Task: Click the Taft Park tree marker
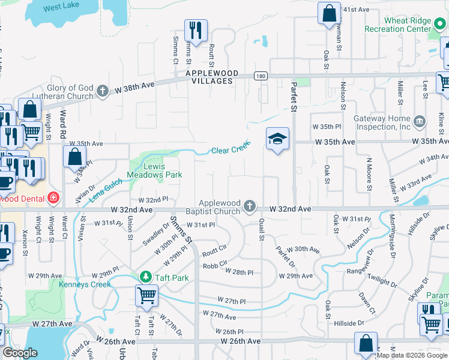point(145,277)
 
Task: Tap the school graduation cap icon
point(277,139)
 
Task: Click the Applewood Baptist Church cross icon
point(250,208)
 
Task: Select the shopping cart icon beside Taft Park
point(147,295)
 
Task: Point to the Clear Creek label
point(231,149)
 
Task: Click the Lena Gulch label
point(107,193)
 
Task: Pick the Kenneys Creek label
point(85,284)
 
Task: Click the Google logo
point(20,353)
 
